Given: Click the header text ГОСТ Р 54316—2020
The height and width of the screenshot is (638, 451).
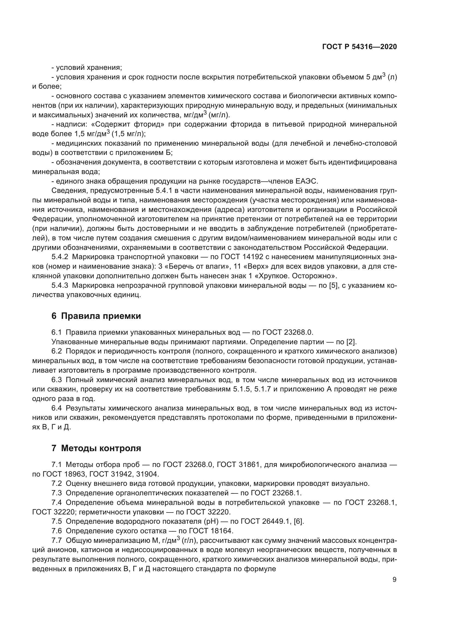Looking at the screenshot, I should click(359, 47).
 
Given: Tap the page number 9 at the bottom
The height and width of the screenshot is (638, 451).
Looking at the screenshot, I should click(394, 580).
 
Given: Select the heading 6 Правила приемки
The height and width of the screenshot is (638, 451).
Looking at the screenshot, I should click(96, 316).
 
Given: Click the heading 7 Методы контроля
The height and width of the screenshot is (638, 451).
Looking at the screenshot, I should click(96, 448).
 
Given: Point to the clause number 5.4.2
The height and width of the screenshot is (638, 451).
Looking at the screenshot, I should click(60, 257).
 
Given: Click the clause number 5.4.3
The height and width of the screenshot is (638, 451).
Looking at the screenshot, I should click(60, 285).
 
